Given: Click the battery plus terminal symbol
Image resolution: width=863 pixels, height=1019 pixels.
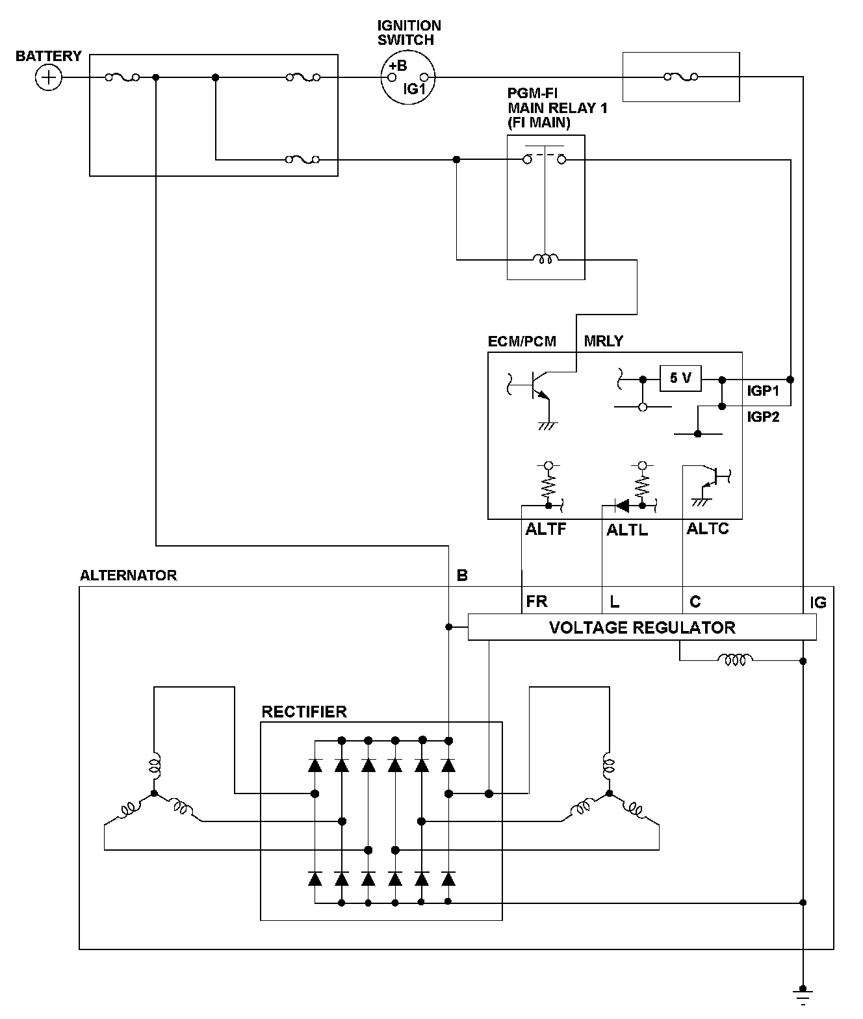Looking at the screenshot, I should click(x=47, y=78).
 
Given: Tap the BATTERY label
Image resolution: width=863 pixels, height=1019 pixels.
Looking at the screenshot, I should click(x=49, y=56).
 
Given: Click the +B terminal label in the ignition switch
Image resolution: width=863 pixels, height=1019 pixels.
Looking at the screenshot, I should click(x=398, y=66).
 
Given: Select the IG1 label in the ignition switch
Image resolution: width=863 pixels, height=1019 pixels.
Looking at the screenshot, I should click(x=414, y=89).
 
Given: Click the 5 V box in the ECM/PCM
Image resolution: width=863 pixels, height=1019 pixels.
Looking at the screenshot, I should click(x=680, y=378).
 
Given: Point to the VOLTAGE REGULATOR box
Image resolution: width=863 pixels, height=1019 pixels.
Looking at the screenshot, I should click(x=641, y=627).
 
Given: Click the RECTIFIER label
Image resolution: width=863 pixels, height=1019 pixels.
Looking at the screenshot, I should click(x=304, y=712).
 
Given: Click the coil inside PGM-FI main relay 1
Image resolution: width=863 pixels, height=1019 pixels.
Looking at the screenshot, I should click(x=545, y=259).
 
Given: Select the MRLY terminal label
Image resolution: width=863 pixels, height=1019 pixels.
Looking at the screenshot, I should click(x=604, y=341).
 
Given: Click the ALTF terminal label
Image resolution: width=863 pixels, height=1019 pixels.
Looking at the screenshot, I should click(x=546, y=529).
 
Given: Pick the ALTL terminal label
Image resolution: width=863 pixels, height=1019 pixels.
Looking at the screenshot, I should click(x=627, y=530).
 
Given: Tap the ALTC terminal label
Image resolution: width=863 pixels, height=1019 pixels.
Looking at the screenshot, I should click(x=708, y=529).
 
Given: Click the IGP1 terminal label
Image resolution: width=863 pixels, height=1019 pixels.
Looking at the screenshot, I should click(x=763, y=391).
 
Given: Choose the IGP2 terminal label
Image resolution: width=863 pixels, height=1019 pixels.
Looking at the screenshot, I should click(x=763, y=417).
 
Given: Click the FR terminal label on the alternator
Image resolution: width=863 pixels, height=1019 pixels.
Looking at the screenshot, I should click(x=537, y=602).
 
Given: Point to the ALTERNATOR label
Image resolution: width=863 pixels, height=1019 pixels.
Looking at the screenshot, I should click(x=128, y=575).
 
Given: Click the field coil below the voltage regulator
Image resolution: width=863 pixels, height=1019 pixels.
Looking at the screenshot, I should click(x=735, y=660).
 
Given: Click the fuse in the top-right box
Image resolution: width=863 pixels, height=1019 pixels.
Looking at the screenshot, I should click(x=681, y=77).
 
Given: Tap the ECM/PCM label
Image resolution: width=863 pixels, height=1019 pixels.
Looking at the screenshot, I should click(x=522, y=341).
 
